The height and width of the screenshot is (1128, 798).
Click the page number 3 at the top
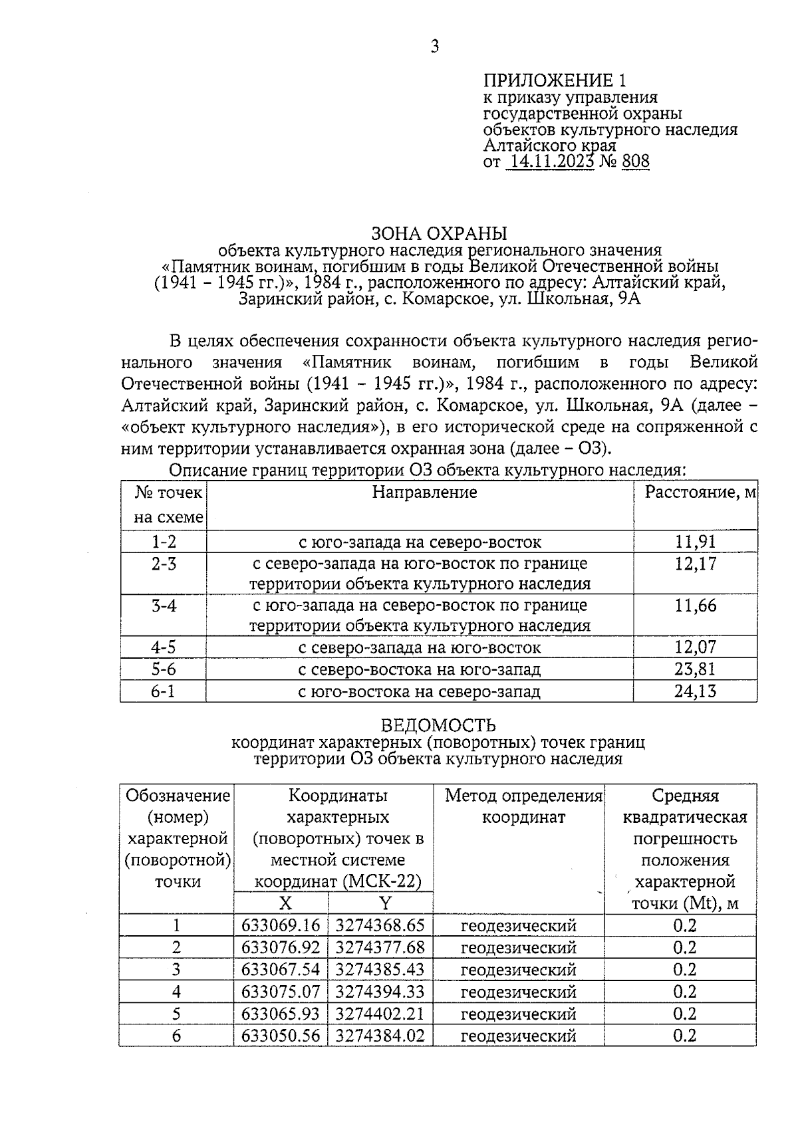[434, 47]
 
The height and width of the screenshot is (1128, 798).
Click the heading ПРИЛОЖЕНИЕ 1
[555, 82]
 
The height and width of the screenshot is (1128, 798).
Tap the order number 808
[636, 162]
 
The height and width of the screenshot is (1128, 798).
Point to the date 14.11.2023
[550, 162]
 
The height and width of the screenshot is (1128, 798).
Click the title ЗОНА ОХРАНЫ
[439, 233]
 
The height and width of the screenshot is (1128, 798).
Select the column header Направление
[424, 493]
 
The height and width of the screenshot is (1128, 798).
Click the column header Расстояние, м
[701, 493]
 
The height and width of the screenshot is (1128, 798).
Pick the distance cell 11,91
[696, 542]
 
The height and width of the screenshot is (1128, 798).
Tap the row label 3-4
[164, 606]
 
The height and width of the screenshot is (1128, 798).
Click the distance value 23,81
[696, 669]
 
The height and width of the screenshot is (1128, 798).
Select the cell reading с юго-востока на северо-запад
[419, 691]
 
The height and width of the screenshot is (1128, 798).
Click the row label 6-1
[164, 691]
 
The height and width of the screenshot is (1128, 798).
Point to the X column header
[285, 903]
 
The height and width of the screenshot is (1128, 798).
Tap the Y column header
[385, 903]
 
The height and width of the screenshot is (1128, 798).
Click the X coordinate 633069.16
[281, 926]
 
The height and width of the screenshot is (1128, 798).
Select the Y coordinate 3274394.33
[380, 992]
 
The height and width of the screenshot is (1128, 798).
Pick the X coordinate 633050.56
[281, 1036]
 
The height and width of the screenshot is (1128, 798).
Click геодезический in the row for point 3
[519, 970]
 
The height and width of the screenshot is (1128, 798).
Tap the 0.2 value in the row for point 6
[684, 1036]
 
